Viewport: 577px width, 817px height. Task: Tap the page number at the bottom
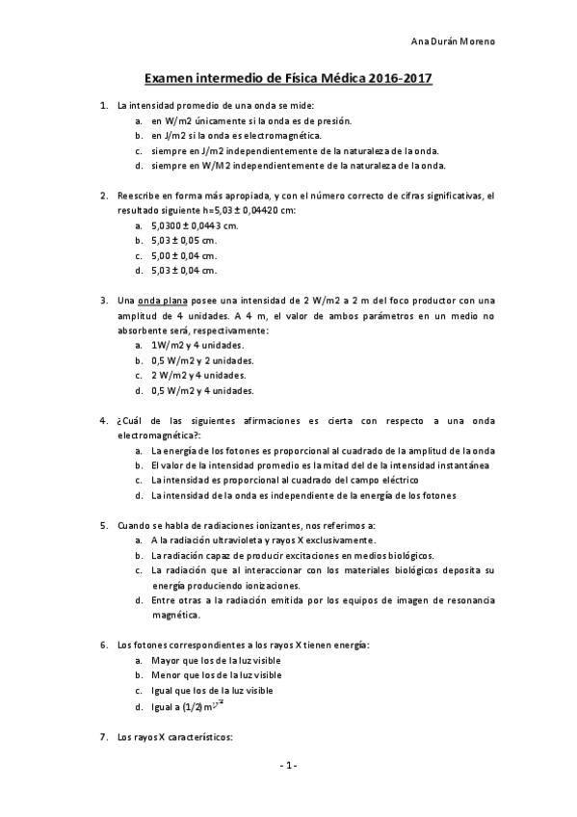(x=288, y=765)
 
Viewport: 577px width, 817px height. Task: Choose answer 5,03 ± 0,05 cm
(x=184, y=240)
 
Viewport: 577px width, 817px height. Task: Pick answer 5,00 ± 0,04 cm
(x=184, y=255)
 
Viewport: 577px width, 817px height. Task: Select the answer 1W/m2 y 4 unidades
(x=197, y=345)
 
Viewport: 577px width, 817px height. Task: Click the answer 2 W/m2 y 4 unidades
(x=199, y=375)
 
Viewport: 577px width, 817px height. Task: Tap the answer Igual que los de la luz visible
(x=212, y=691)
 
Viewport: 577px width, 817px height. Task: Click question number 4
(x=104, y=420)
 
